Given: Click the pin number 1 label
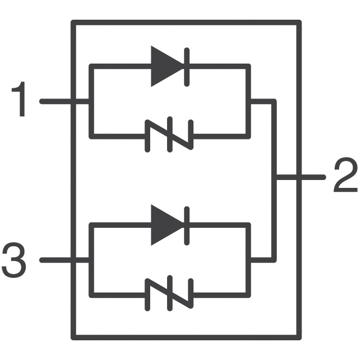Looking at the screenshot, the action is tap(20, 99).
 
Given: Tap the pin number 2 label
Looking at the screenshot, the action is tap(345, 174).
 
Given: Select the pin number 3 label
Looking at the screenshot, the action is tap(13, 260).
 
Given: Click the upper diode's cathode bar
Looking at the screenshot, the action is tap(187, 67).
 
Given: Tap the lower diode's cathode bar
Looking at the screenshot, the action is tap(187, 226).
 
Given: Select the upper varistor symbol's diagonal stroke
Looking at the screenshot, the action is tap(169, 134).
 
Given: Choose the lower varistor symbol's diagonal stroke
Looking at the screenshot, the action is tap(169, 294).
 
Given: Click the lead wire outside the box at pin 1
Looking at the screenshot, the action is tap(55, 101).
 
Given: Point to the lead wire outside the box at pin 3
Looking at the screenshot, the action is tap(55, 260).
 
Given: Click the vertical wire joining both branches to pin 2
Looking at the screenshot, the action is tap(274, 181).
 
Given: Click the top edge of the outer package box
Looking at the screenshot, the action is tap(186, 22).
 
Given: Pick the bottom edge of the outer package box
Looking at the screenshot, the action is tap(186, 337).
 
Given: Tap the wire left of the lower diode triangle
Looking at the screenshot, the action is tap(120, 225).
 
